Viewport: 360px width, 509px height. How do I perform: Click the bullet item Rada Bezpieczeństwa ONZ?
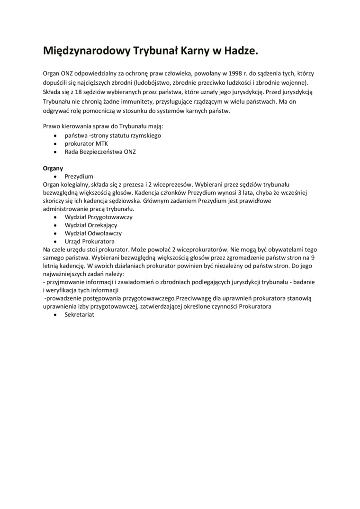100,152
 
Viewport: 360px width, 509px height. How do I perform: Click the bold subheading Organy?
53,168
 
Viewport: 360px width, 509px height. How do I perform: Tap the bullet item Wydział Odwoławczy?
93,233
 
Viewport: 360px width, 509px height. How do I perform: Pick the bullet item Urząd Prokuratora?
89,241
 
